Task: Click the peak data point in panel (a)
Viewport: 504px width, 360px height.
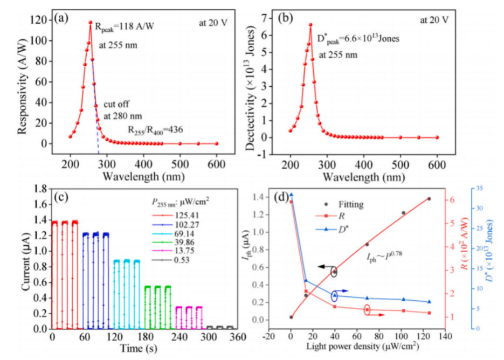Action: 91,23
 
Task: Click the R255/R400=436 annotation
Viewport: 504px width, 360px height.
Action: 156,130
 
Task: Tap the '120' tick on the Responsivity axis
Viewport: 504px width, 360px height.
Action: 39,20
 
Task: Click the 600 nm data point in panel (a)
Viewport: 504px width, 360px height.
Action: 217,144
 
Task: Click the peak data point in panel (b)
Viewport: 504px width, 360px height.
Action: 310,25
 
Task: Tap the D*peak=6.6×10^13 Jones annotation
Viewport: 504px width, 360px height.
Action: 358,39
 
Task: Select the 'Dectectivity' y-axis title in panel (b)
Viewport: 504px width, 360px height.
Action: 251,88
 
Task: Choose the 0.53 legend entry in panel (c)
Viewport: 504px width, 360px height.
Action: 171,260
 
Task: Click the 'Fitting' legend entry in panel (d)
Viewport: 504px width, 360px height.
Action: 343,204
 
